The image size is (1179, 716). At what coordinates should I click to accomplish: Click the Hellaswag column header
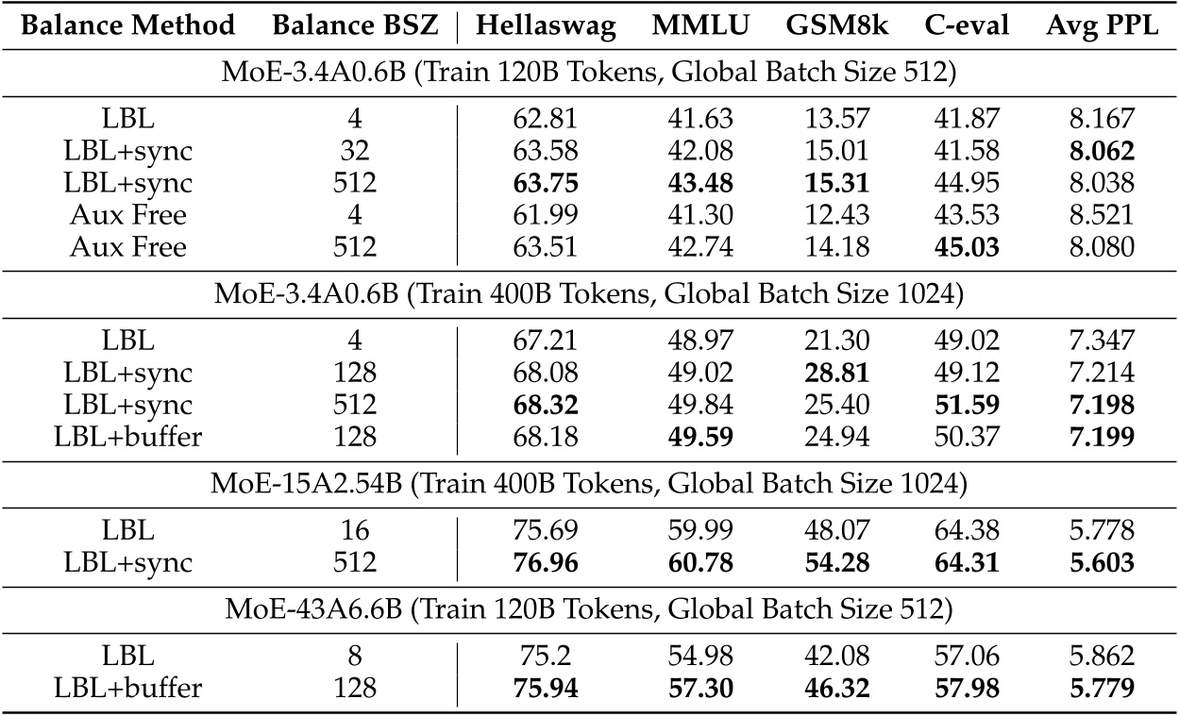546,26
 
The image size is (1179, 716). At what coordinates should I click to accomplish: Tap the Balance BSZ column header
356,26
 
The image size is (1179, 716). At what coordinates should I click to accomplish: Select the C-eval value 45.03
958,246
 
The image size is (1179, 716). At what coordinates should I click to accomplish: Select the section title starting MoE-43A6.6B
589,609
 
